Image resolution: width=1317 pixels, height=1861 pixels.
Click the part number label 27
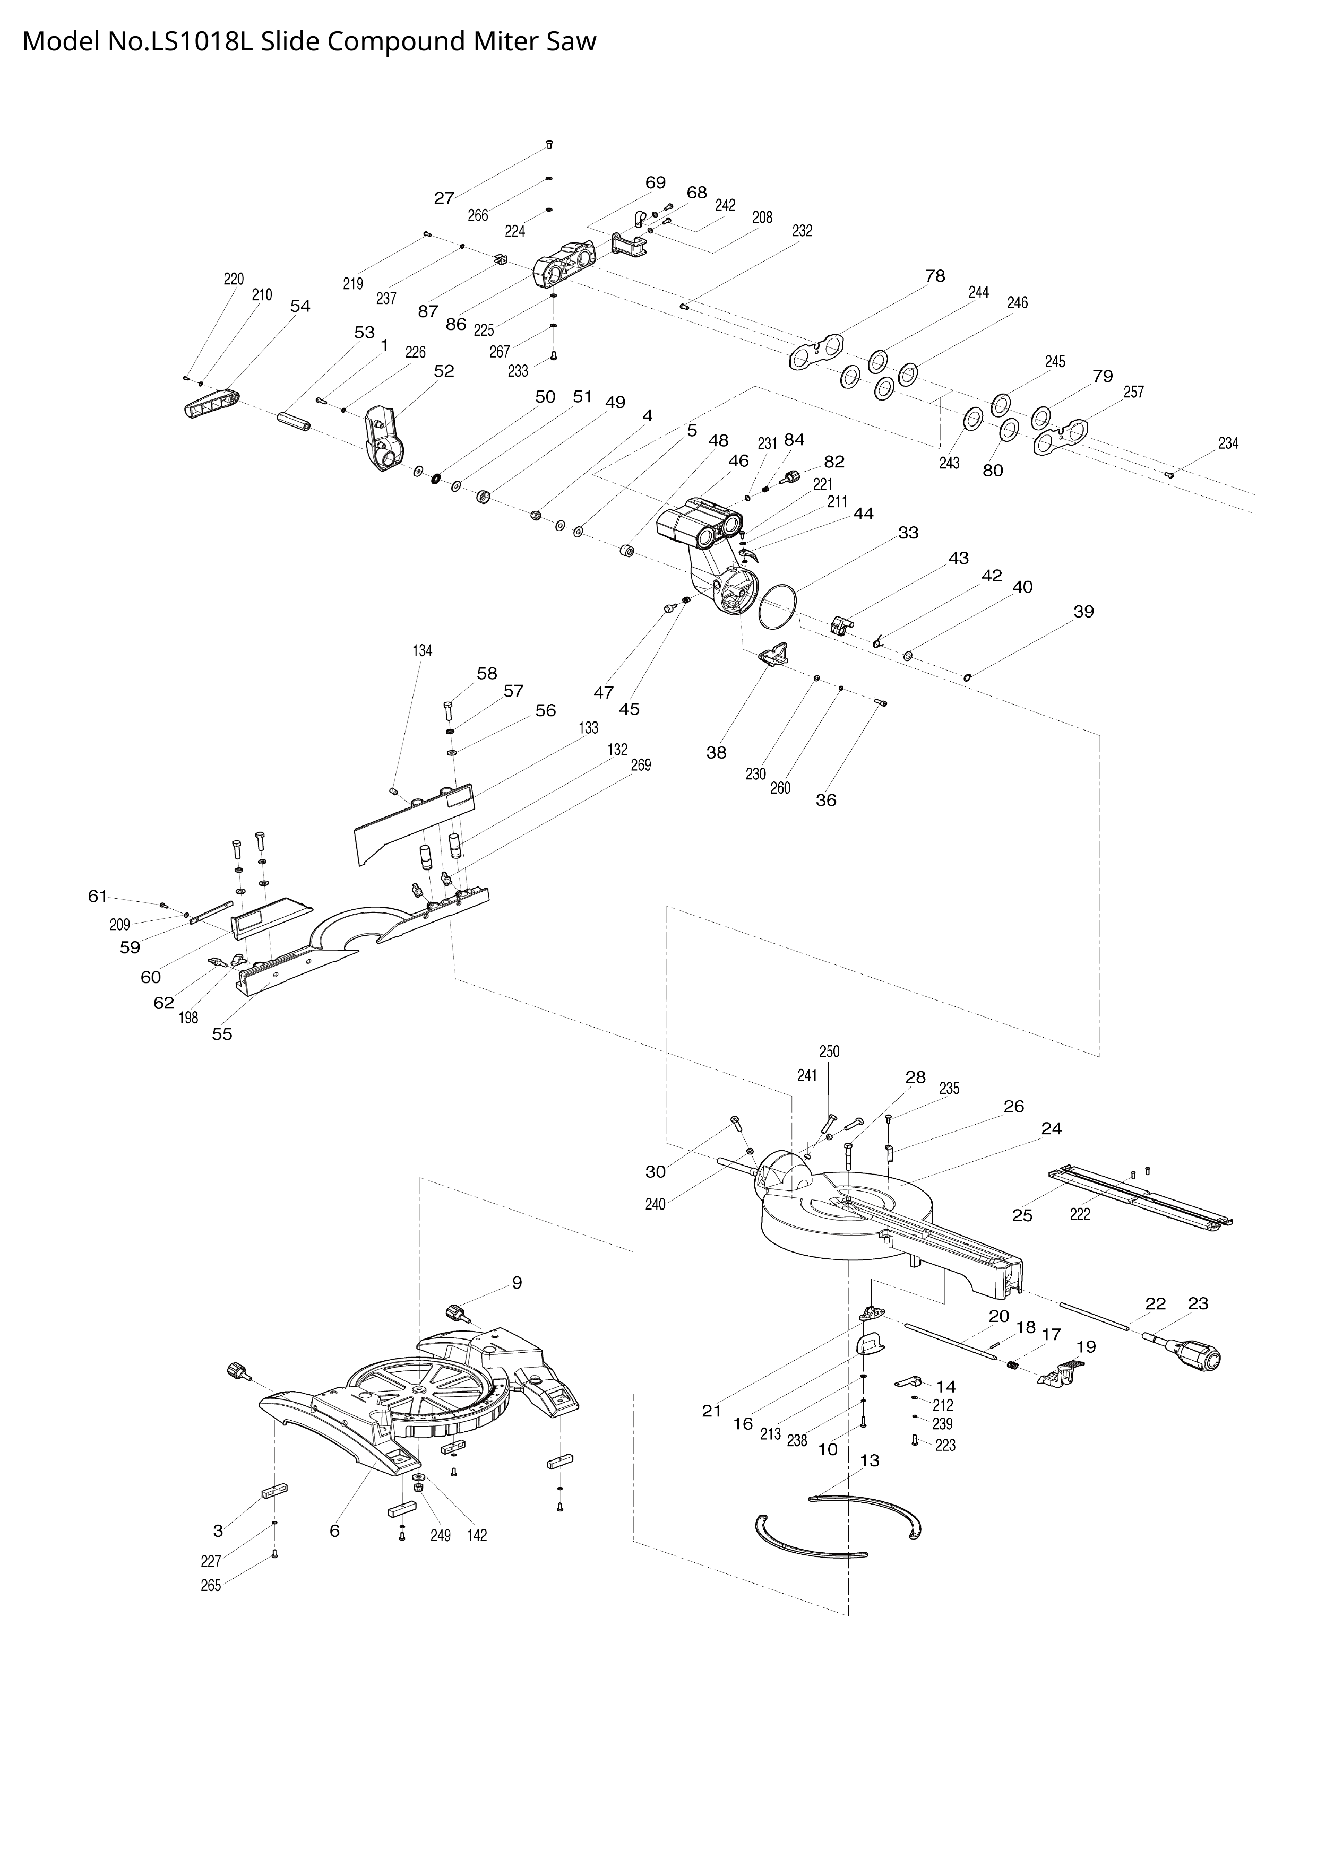point(444,198)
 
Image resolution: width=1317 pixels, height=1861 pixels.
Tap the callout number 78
point(935,275)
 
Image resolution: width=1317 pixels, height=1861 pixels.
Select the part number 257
point(1134,392)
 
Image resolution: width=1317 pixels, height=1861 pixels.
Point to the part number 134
point(423,651)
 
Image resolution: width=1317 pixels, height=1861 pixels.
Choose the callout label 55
point(222,1034)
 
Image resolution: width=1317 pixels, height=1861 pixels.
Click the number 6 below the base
point(334,1531)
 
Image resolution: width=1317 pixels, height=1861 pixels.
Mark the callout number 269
point(641,765)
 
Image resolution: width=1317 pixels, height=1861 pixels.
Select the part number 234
point(1228,443)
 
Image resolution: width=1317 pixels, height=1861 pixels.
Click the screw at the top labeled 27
point(549,145)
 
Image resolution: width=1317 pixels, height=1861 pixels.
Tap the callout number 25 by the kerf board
point(1022,1216)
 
